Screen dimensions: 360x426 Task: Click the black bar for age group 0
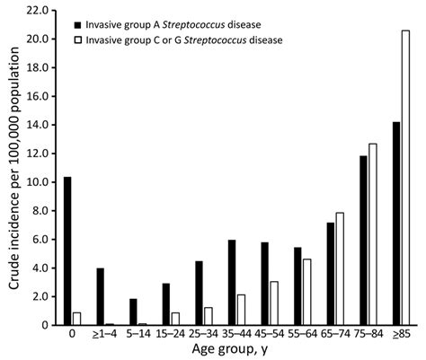tap(67, 250)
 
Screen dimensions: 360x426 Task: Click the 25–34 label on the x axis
tap(203, 333)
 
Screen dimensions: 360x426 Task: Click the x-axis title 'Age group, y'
tap(233, 350)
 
